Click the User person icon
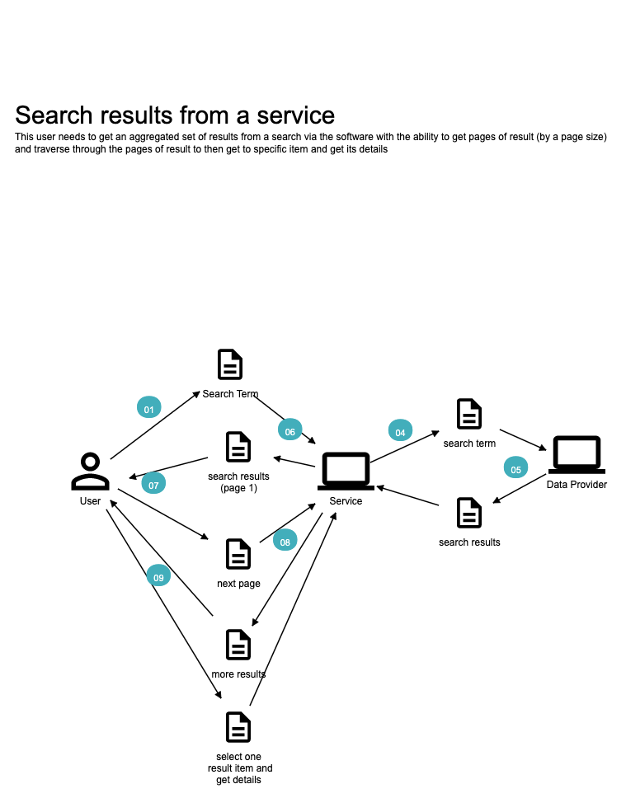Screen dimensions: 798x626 tap(90, 472)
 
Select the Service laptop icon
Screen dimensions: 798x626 tap(346, 472)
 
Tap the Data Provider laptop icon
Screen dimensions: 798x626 tap(577, 456)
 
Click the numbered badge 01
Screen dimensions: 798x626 tap(148, 407)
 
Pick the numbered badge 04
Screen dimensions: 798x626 tap(400, 430)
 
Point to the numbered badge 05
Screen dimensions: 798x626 tap(516, 467)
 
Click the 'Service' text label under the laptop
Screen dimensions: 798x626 tap(346, 501)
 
